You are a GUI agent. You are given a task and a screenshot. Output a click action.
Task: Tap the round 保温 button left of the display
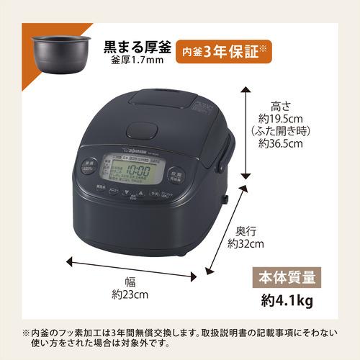[x=88, y=164]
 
